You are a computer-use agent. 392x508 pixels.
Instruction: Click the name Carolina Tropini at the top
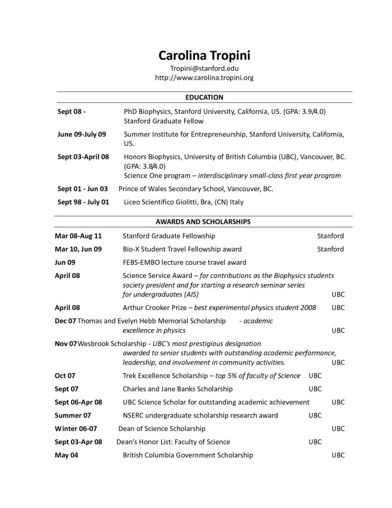(204, 55)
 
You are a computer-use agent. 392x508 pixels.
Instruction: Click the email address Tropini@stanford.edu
(204, 68)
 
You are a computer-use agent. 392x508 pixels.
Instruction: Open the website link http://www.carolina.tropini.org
(204, 78)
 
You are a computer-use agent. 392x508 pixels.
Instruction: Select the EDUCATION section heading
(204, 97)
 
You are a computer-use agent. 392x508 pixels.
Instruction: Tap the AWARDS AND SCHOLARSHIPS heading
(203, 222)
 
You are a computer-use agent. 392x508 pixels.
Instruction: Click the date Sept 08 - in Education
(72, 111)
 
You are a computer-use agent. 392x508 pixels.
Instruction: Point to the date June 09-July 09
(82, 134)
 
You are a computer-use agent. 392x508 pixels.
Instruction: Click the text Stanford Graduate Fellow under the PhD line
(163, 121)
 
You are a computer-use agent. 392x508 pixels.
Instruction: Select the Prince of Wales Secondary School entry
(196, 189)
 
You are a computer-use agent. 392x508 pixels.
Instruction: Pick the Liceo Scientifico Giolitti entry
(184, 202)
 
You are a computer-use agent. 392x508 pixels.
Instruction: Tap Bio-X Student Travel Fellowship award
(182, 249)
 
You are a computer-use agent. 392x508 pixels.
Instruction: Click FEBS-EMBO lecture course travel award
(184, 263)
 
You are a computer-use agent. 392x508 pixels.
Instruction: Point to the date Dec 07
(65, 321)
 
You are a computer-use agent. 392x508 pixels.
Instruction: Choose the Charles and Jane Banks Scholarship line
(178, 389)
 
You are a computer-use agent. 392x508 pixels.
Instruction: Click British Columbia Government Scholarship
(188, 455)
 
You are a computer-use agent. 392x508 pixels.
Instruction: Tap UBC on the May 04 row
(338, 455)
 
